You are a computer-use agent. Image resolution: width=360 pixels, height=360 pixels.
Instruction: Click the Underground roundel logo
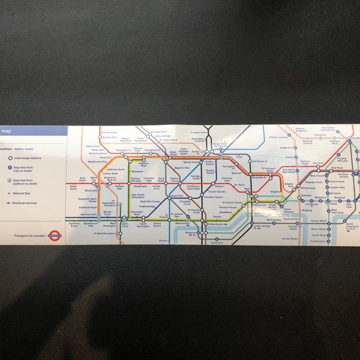(55, 236)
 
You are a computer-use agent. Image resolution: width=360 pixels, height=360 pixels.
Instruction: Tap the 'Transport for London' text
(29, 236)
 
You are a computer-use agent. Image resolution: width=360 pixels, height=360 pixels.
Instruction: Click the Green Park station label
(176, 196)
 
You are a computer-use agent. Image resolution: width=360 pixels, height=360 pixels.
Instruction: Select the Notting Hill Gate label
(135, 179)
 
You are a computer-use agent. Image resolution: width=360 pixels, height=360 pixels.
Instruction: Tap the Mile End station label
(317, 163)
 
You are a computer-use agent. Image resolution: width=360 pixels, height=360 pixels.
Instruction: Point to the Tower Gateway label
(289, 210)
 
